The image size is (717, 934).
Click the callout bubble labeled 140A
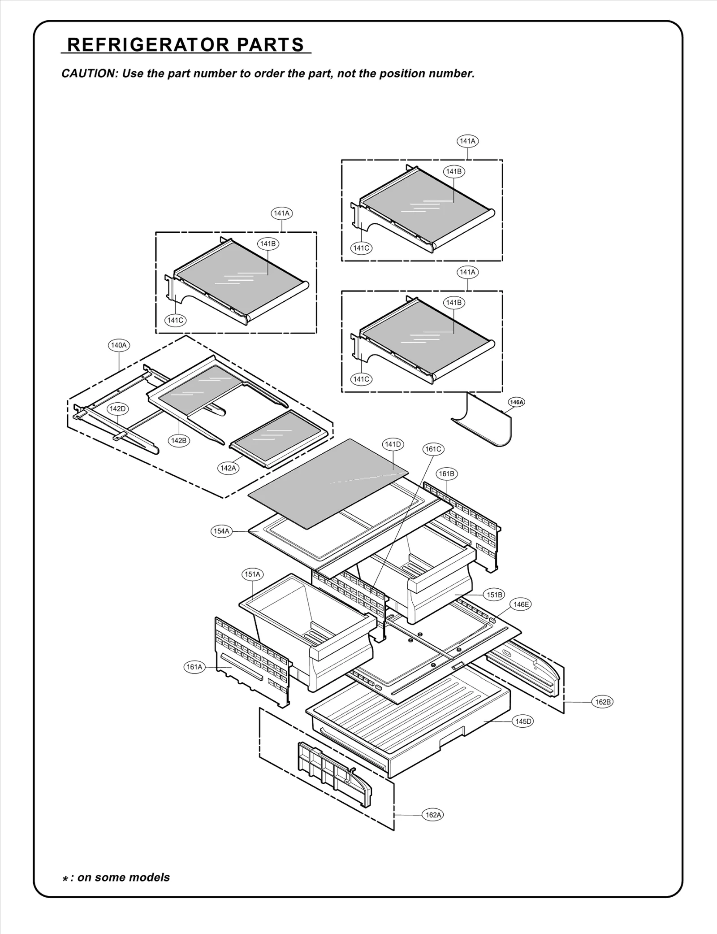(119, 345)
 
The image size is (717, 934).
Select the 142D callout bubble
(118, 408)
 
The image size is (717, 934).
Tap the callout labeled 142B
(179, 440)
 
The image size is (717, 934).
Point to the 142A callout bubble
(228, 468)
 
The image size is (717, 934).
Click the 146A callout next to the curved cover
(516, 402)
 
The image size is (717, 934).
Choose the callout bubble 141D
(393, 444)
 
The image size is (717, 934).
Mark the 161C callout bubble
(433, 449)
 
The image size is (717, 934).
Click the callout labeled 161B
(447, 474)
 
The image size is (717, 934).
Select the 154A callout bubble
(221, 531)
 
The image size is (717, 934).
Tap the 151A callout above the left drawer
(252, 574)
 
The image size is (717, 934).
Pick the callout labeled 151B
(494, 595)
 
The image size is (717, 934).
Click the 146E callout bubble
(521, 604)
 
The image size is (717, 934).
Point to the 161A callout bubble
(194, 667)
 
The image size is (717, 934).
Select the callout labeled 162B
(602, 702)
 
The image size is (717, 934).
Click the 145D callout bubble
(523, 721)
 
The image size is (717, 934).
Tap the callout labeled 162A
(433, 815)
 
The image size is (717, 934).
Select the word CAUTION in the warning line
(88, 74)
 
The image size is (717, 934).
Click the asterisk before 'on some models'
(65, 878)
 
